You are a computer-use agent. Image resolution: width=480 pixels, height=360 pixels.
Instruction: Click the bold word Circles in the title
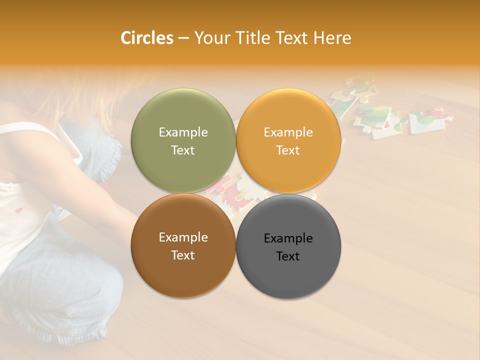click(147, 38)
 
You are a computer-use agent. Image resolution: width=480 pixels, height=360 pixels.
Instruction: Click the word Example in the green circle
click(183, 132)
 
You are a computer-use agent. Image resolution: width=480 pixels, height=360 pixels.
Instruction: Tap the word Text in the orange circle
click(288, 150)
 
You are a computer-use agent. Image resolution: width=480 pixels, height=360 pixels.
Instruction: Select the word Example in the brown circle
click(183, 237)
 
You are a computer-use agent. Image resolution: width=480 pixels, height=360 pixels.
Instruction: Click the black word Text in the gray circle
click(288, 256)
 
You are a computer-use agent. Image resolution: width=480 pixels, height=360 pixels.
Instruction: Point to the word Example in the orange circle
click(288, 132)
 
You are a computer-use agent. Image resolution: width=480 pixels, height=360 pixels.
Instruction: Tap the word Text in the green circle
click(183, 150)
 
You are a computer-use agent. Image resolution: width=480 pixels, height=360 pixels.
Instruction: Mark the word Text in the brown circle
click(183, 255)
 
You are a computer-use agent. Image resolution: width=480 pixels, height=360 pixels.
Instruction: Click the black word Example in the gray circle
click(288, 238)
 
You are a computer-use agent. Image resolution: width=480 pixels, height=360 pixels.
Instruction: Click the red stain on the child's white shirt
click(19, 210)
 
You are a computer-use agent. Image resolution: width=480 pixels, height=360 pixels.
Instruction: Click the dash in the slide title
click(183, 38)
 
